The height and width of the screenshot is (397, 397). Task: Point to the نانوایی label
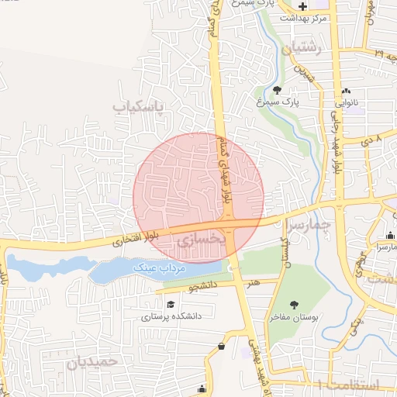point(345,102)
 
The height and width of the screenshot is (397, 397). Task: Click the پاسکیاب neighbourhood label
point(140,105)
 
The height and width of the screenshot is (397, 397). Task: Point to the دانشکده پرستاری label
point(171,316)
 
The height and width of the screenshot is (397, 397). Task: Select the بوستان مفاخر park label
point(295,316)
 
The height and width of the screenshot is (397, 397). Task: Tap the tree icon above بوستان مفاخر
point(295,305)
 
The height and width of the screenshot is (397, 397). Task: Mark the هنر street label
point(253,284)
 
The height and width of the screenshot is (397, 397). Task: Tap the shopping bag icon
point(223,346)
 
